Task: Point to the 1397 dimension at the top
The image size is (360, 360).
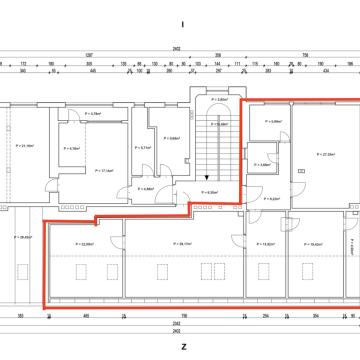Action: [89, 54]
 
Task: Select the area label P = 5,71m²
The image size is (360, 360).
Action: [145, 147]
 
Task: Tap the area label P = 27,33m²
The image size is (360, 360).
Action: [321, 155]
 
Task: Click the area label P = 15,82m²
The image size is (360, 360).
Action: [266, 244]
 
